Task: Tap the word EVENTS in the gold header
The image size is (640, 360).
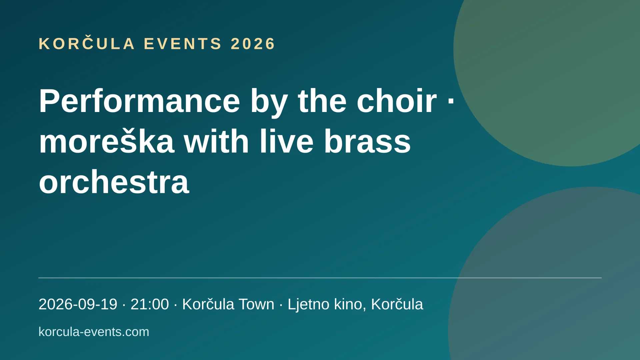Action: coord(183,44)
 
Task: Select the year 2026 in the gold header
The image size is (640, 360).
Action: coord(253,44)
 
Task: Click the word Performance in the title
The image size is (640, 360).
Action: coord(139,101)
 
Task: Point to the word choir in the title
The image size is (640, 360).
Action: coord(396,101)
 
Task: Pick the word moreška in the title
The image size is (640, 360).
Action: coord(107,141)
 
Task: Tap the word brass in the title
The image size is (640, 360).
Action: coord(367,141)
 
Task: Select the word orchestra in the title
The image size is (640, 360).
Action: coord(114,182)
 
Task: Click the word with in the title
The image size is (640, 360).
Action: coord(217,141)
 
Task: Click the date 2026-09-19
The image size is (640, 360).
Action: coord(78,304)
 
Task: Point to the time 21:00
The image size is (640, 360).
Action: coord(150,304)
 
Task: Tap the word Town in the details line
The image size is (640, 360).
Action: coord(256,304)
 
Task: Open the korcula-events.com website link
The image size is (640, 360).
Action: coord(94,332)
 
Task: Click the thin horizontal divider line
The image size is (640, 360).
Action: coord(320,278)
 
